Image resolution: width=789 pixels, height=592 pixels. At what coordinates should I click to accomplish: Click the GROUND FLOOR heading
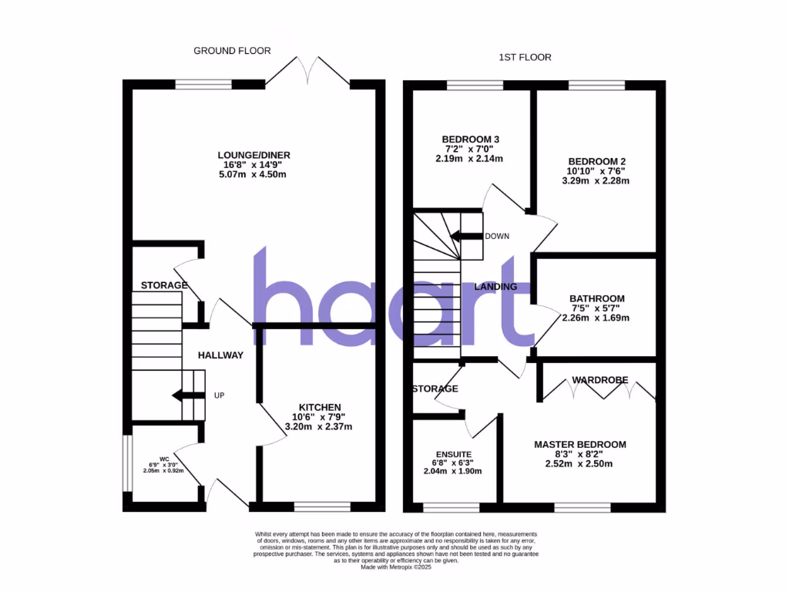[232, 51]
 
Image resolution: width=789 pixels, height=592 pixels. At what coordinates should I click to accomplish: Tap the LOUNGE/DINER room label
[253, 155]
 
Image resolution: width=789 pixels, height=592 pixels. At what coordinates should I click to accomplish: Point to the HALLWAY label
[220, 355]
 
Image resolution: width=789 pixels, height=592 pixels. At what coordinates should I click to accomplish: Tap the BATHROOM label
[597, 298]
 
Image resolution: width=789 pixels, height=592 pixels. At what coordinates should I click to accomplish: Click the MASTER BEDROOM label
[580, 445]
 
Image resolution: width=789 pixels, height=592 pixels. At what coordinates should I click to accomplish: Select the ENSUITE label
[453, 455]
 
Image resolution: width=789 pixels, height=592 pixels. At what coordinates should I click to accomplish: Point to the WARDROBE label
[599, 380]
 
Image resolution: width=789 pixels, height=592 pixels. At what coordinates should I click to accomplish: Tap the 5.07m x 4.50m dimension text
[253, 174]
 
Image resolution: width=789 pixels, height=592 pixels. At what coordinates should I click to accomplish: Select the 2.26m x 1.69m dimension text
[597, 318]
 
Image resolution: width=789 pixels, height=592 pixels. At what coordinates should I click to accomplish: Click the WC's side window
[128, 464]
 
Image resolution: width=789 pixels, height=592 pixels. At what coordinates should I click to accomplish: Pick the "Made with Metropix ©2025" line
[394, 567]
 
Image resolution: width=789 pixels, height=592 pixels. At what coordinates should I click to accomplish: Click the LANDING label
[495, 287]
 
